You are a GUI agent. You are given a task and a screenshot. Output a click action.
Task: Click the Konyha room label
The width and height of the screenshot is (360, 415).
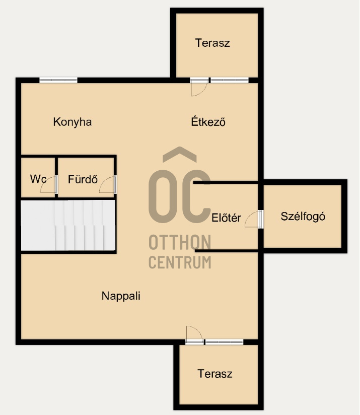[x=72, y=122]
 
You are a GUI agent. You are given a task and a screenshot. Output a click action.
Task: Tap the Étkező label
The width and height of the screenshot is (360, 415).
[x=208, y=121]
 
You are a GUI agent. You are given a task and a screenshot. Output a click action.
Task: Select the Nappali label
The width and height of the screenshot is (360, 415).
[x=121, y=296]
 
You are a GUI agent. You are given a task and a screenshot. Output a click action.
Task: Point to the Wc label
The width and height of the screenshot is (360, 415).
[x=38, y=179]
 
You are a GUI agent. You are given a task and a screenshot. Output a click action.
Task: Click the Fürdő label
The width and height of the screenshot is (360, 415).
[x=83, y=179]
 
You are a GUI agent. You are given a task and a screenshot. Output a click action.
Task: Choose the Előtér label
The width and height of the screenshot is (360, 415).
[x=226, y=218]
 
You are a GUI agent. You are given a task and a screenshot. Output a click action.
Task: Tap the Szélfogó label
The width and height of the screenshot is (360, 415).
[x=303, y=217]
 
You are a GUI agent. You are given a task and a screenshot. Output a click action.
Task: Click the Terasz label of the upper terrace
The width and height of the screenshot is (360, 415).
[x=212, y=43]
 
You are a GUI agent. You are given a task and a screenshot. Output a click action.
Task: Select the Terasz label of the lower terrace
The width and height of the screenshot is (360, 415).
[x=215, y=374]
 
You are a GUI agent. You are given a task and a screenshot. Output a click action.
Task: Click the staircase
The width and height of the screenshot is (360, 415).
[x=68, y=225]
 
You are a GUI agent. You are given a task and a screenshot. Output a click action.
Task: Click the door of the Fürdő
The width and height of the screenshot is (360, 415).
[x=108, y=184]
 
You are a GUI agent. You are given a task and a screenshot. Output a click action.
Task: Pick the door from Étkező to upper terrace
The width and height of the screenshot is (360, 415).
[x=199, y=87]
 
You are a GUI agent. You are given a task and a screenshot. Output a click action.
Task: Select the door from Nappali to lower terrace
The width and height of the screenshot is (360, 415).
[x=195, y=335]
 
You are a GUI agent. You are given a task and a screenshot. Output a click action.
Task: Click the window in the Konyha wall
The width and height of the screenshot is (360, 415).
[x=58, y=80]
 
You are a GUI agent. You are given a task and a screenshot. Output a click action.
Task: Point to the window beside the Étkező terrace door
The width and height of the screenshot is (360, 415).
[x=229, y=80]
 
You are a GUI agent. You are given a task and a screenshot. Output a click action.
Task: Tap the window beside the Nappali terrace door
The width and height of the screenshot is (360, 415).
[x=224, y=341]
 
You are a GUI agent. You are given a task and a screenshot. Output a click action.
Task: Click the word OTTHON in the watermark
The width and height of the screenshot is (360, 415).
[x=180, y=242]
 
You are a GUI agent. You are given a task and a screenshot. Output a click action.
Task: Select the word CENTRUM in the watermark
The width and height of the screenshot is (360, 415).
[x=180, y=262]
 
